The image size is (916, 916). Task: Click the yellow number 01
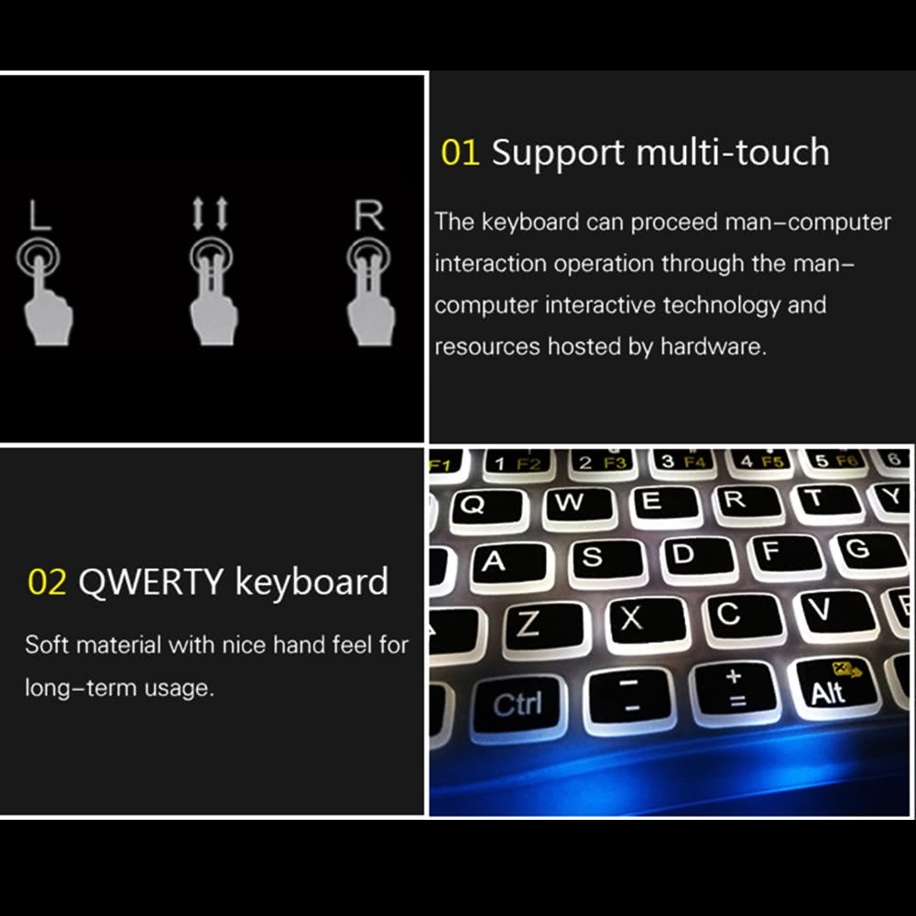point(460,152)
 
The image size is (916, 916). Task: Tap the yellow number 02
point(47,583)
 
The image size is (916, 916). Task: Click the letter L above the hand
point(39,217)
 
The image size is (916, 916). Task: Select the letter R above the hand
point(369,217)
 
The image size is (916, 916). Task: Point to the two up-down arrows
point(211,213)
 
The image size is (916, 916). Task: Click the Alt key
point(830,689)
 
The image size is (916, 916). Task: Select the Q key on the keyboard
point(473,507)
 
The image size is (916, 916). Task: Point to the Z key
point(529,624)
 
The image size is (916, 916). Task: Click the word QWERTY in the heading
point(151,583)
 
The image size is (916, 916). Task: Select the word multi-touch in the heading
point(732,152)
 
